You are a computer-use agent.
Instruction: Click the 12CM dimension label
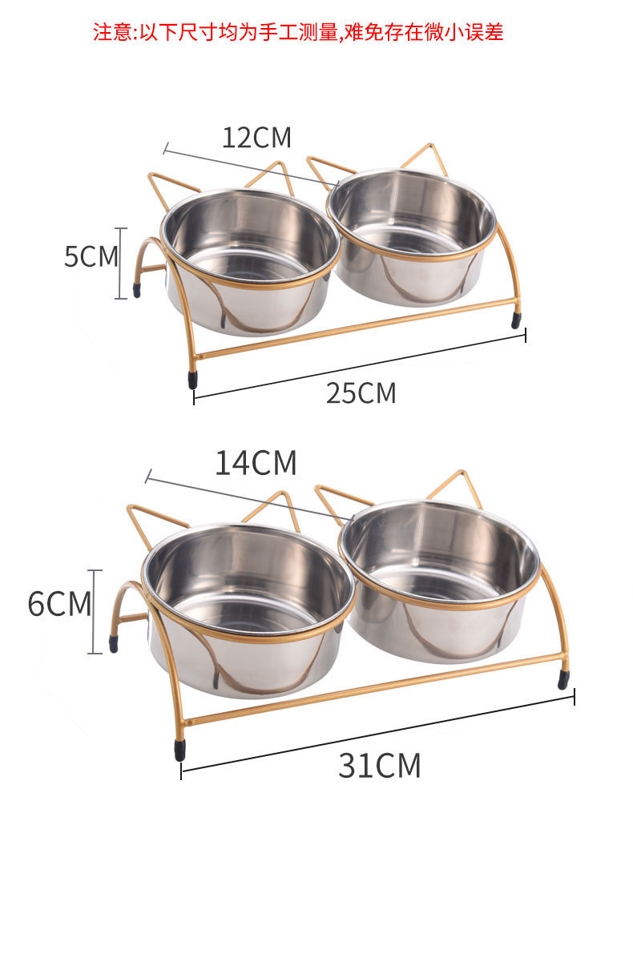click(x=256, y=138)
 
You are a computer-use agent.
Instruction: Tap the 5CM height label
click(x=91, y=256)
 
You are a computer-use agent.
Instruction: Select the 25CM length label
click(x=361, y=393)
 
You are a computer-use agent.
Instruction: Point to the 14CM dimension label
click(x=256, y=463)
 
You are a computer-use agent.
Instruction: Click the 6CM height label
click(x=59, y=603)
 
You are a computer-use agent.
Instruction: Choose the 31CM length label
click(x=379, y=766)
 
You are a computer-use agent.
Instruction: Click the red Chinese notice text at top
click(x=298, y=33)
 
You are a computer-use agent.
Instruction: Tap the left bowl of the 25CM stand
click(x=251, y=256)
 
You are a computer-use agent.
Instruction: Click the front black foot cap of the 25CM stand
click(x=193, y=379)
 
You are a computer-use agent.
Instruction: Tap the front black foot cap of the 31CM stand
click(x=180, y=750)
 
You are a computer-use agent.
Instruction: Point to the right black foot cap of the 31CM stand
click(x=563, y=679)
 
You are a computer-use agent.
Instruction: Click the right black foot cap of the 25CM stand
click(x=516, y=320)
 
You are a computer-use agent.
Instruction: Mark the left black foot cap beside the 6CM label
click(x=114, y=643)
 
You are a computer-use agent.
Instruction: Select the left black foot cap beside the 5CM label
click(x=137, y=289)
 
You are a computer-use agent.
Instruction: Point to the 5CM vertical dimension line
click(x=121, y=263)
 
